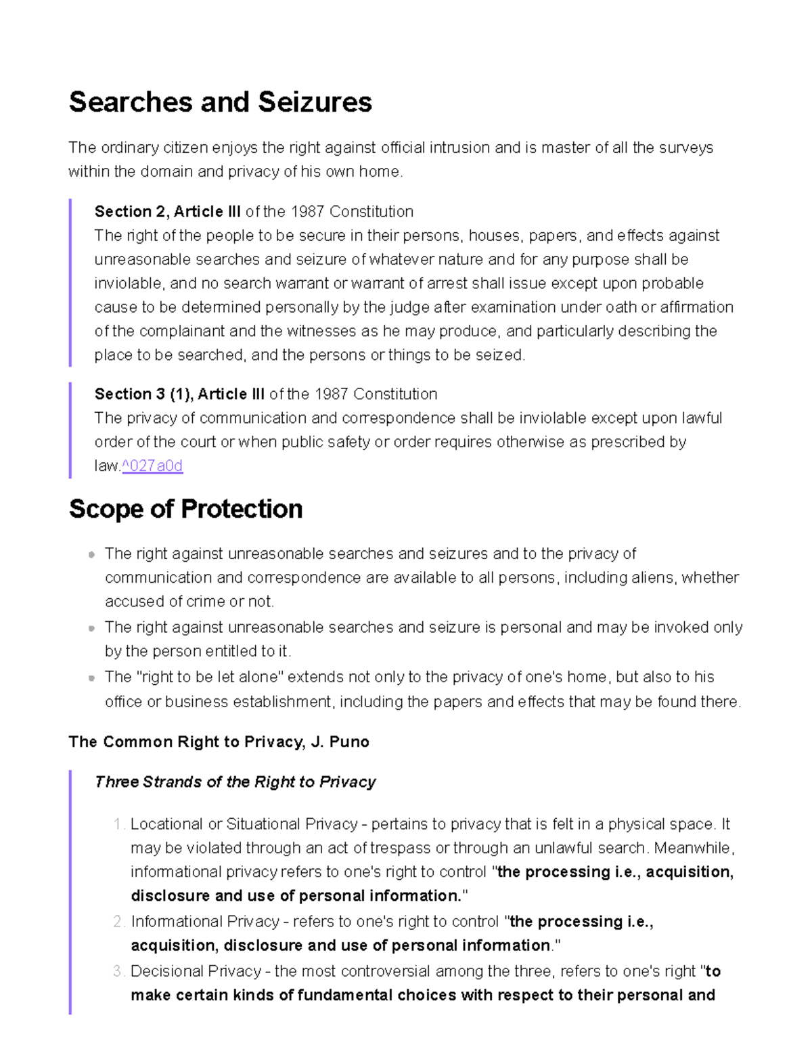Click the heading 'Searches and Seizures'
220,102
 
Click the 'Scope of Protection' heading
185,509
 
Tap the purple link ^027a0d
152,466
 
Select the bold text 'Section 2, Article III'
167,212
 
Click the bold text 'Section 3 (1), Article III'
179,394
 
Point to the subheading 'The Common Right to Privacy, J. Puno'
219,742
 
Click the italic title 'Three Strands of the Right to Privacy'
235,782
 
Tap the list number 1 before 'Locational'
118,824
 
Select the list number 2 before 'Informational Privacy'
118,922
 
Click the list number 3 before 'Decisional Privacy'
118,971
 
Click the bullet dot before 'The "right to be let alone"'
91,678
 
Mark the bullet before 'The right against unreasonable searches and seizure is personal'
91,628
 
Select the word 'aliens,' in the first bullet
654,577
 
